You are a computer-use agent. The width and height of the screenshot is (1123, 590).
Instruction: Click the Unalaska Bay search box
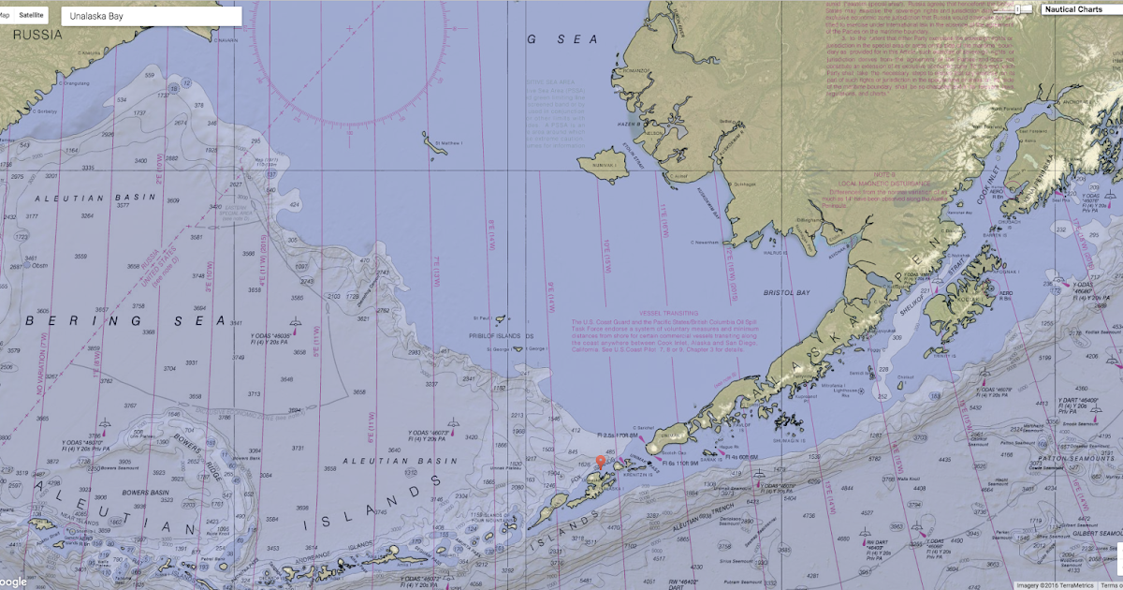coord(150,16)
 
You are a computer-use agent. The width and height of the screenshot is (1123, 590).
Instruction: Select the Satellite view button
coord(31,16)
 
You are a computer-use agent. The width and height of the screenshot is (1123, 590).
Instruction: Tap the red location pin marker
coord(601,461)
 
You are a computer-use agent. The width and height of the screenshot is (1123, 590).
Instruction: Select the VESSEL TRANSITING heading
coord(669,313)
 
